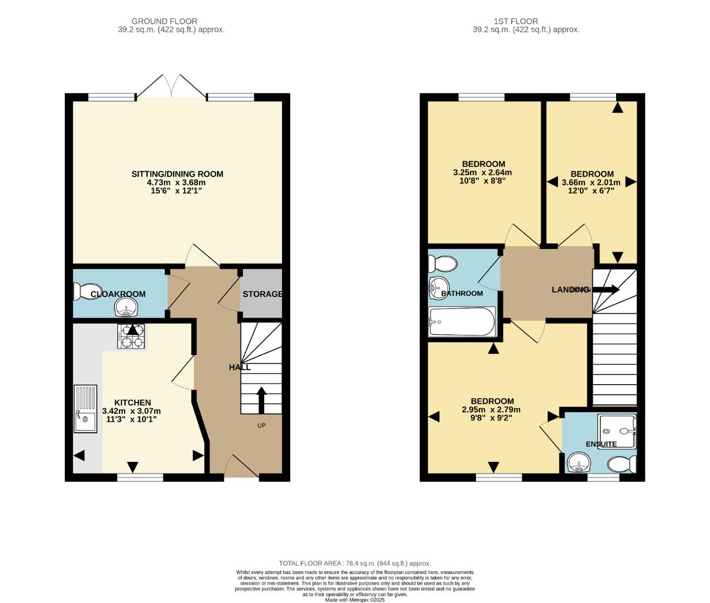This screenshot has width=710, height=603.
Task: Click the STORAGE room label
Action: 261,294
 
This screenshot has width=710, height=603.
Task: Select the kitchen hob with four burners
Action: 131,336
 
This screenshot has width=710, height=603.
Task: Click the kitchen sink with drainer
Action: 85,409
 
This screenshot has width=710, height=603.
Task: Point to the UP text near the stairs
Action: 261,425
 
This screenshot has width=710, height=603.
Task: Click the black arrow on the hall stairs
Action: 261,399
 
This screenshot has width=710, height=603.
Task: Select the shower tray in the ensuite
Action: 617,431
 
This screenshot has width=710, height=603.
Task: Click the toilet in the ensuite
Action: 621,464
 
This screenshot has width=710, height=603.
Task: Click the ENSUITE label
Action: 601,444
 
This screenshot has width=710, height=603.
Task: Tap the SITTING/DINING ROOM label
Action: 177,174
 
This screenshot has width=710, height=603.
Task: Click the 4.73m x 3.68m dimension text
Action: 176,183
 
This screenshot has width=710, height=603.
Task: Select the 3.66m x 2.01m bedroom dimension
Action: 591,182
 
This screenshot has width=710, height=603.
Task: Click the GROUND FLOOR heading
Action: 164,21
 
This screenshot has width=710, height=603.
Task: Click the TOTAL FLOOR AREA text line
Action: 355,563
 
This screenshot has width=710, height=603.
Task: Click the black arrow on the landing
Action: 606,289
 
